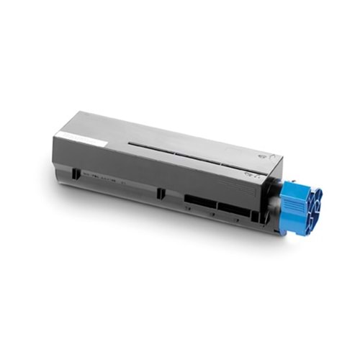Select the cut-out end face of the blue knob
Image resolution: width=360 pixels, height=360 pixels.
(x=310, y=209)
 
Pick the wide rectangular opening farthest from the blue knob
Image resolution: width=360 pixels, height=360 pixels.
(x=199, y=199)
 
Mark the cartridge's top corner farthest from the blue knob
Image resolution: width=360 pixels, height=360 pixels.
(x=79, y=113)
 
